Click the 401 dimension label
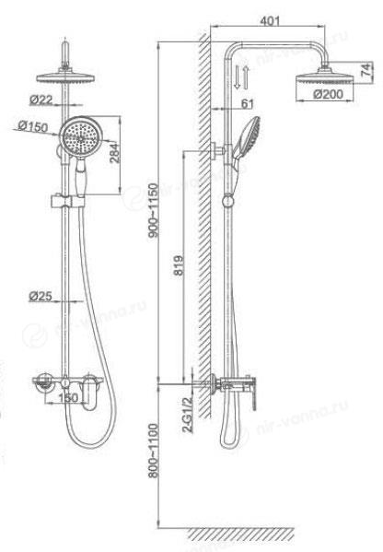click(x=270, y=21)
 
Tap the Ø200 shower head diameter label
click(x=328, y=94)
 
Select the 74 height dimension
click(x=366, y=70)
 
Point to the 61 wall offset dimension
click(x=248, y=103)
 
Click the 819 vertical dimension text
click(x=179, y=265)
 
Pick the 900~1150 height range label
click(x=154, y=210)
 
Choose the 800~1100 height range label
click(x=154, y=451)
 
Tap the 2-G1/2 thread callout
click(x=187, y=414)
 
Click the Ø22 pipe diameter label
click(x=41, y=100)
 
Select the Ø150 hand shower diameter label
click(x=33, y=126)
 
